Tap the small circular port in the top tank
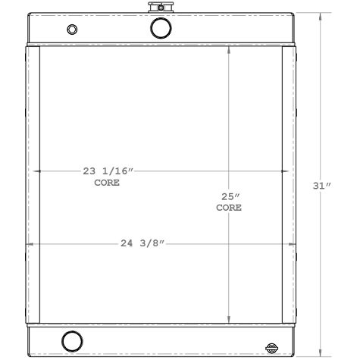(72, 30)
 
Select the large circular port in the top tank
(161, 28)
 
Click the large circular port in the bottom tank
(72, 340)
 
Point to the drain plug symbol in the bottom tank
(272, 348)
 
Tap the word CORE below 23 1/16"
(107, 183)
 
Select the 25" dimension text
(229, 196)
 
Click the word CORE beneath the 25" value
(229, 208)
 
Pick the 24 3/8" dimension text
(142, 244)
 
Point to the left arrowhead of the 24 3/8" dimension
(30, 244)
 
